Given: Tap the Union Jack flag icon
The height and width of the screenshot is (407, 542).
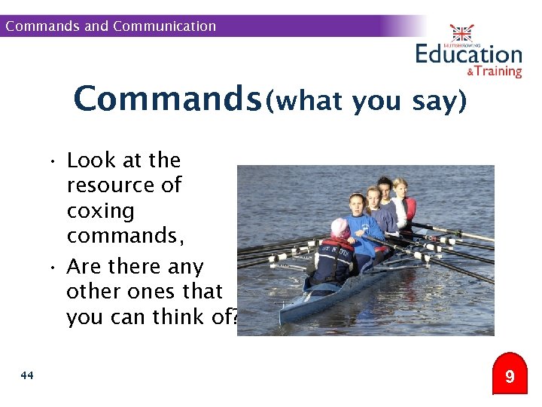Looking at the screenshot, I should (461, 32).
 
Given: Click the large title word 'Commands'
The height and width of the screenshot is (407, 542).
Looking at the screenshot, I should (167, 99).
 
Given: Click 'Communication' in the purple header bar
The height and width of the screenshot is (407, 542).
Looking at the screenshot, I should (164, 26).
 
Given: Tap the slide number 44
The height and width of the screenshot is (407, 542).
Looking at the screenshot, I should (28, 375).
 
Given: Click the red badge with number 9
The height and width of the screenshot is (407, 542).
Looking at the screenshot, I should (510, 375).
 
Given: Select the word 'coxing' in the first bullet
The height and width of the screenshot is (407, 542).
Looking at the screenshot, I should (100, 210).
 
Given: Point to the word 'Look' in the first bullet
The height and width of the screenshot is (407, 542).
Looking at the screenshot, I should (91, 161).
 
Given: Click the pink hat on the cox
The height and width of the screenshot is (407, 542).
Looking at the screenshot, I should (340, 226).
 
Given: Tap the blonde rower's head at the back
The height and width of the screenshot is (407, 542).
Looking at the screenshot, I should (400, 185).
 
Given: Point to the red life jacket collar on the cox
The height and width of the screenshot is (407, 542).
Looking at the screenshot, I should (337, 243).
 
